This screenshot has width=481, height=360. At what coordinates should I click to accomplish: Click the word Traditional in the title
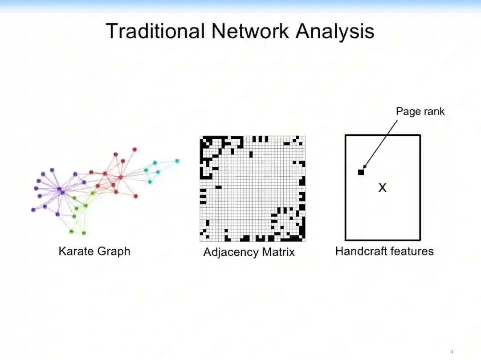point(155,32)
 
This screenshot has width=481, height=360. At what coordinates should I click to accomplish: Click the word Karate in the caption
point(76,251)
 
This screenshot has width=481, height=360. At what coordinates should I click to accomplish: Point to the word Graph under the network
point(114,251)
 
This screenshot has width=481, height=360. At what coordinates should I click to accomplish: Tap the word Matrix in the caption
point(278,252)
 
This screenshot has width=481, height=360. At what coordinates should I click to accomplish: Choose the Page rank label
point(420,111)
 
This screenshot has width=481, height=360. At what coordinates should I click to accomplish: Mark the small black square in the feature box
point(361,172)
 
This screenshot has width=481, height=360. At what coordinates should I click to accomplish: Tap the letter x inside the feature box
point(382,188)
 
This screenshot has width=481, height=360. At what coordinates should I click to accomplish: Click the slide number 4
point(452,351)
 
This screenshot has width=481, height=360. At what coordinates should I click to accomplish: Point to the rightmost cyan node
point(177,161)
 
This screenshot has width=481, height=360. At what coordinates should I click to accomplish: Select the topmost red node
point(135,150)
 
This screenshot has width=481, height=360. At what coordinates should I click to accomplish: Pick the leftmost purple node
point(33,210)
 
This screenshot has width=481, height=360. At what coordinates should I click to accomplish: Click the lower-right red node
point(135,196)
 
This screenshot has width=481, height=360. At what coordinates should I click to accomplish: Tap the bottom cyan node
point(150,182)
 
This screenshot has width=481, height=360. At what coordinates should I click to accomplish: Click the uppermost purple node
point(52,170)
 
